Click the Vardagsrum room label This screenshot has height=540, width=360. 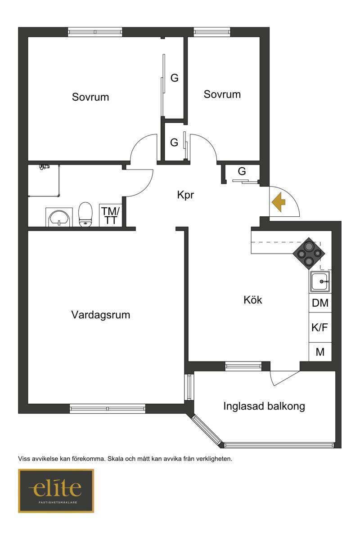click(101, 315)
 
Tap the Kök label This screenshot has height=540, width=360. click(252, 300)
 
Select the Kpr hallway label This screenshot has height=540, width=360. click(185, 195)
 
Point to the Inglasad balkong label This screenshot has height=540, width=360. click(264, 406)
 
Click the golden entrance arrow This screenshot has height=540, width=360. click(279, 202)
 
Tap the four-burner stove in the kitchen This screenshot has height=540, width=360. click(309, 254)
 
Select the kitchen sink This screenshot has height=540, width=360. click(320, 281)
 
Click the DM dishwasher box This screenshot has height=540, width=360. click(320, 303)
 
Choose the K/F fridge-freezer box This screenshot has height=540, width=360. click(320, 327)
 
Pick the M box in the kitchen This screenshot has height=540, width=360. click(320, 352)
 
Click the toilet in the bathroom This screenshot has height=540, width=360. click(85, 214)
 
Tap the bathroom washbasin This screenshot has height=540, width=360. click(59, 218)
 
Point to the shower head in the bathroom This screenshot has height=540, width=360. click(44, 167)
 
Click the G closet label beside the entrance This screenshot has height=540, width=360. click(242, 171)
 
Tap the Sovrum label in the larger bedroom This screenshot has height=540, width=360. click(90, 97)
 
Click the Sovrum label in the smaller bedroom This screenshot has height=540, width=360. click(222, 94)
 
